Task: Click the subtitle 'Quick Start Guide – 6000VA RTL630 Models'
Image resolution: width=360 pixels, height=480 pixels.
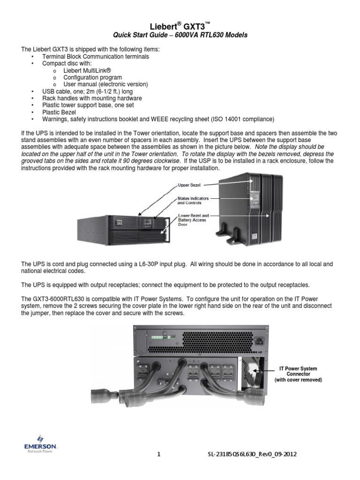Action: point(180,36)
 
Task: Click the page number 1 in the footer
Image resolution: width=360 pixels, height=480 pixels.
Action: point(158,455)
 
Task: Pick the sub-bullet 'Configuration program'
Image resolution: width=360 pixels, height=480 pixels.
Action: point(92,77)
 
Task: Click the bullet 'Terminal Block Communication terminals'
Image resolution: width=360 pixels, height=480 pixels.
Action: point(96,56)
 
